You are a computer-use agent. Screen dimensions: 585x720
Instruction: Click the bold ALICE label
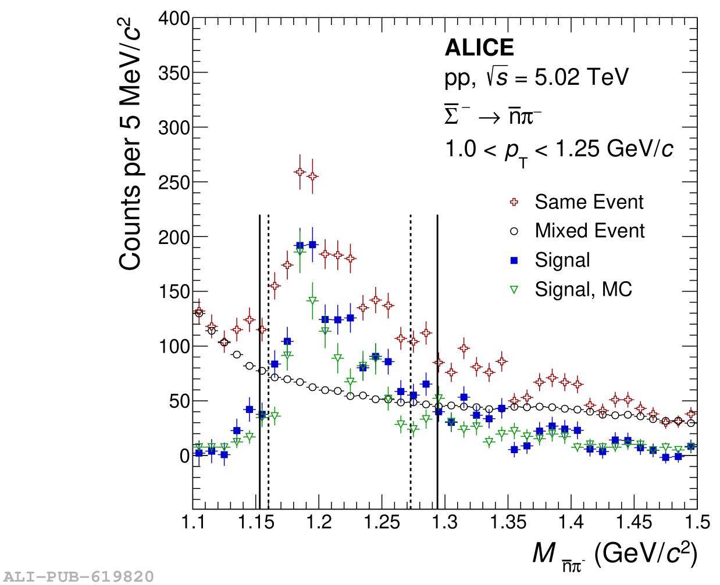479,48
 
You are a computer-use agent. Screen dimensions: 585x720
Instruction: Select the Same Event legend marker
514,202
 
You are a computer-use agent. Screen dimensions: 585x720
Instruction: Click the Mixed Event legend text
589,231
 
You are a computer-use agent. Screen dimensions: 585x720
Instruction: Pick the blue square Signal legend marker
514,260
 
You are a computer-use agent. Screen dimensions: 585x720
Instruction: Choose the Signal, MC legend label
583,289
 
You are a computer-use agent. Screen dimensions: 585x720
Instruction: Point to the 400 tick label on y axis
174,19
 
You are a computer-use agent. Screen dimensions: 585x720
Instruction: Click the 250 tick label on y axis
174,182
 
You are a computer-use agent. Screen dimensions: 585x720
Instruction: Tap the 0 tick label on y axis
184,456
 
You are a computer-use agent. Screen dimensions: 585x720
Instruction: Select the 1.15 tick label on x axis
256,522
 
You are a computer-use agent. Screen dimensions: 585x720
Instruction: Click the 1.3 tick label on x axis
445,522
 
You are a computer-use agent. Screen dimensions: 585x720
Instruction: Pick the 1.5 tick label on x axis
696,522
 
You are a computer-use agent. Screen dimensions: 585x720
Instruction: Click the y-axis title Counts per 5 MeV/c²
131,145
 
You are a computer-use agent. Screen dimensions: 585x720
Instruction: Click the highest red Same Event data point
300,172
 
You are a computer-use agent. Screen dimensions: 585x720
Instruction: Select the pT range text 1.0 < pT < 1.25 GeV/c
559,150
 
